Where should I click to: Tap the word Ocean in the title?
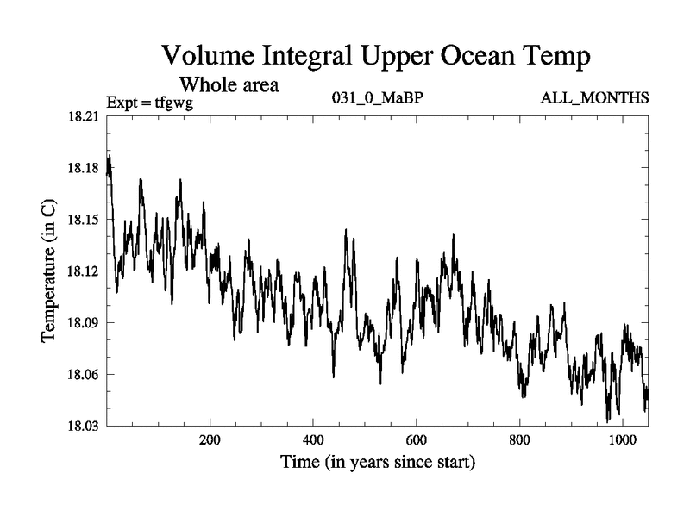point(474,58)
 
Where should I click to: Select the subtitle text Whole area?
point(229,85)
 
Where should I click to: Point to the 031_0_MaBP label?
point(377,98)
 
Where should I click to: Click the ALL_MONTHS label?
point(594,98)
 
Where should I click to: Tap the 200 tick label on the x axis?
point(210,440)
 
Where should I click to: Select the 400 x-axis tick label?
point(313,440)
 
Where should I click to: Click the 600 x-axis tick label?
point(417,440)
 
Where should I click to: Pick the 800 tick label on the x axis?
point(520,440)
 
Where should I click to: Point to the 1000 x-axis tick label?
point(623,440)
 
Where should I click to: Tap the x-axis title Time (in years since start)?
point(377,463)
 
